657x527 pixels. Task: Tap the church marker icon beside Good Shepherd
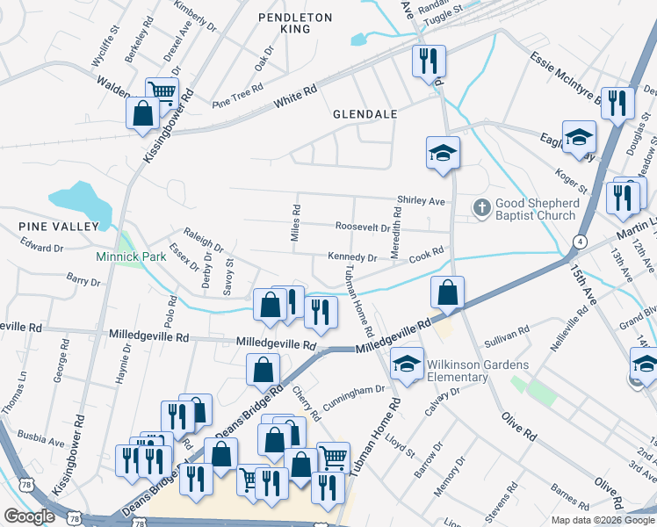(480, 208)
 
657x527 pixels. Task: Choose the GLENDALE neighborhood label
(365, 114)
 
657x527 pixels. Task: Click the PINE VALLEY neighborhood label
(59, 227)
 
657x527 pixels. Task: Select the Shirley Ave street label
(422, 201)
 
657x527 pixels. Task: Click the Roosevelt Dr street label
(363, 227)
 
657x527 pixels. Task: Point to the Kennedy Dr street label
(351, 258)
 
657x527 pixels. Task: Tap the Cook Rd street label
(426, 252)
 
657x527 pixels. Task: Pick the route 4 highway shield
(580, 241)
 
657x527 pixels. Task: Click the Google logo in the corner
(29, 516)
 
